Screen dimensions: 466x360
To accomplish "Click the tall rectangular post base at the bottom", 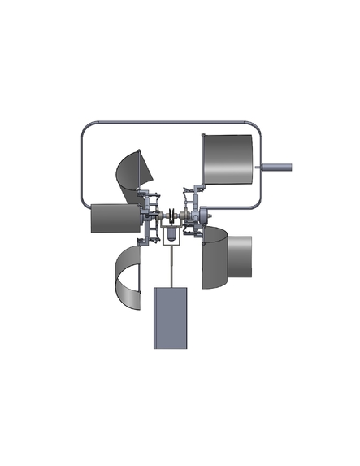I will [x=172, y=317].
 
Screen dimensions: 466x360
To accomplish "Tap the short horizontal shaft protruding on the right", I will [x=275, y=168].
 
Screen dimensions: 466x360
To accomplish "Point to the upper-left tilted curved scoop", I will [x=132, y=174].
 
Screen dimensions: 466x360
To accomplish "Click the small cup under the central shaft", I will [x=172, y=236].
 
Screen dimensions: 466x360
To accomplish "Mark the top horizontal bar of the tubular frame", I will [x=171, y=123].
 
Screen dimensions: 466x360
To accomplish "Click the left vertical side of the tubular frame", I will [x=82, y=163].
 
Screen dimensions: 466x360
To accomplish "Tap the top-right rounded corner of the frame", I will [x=254, y=128].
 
